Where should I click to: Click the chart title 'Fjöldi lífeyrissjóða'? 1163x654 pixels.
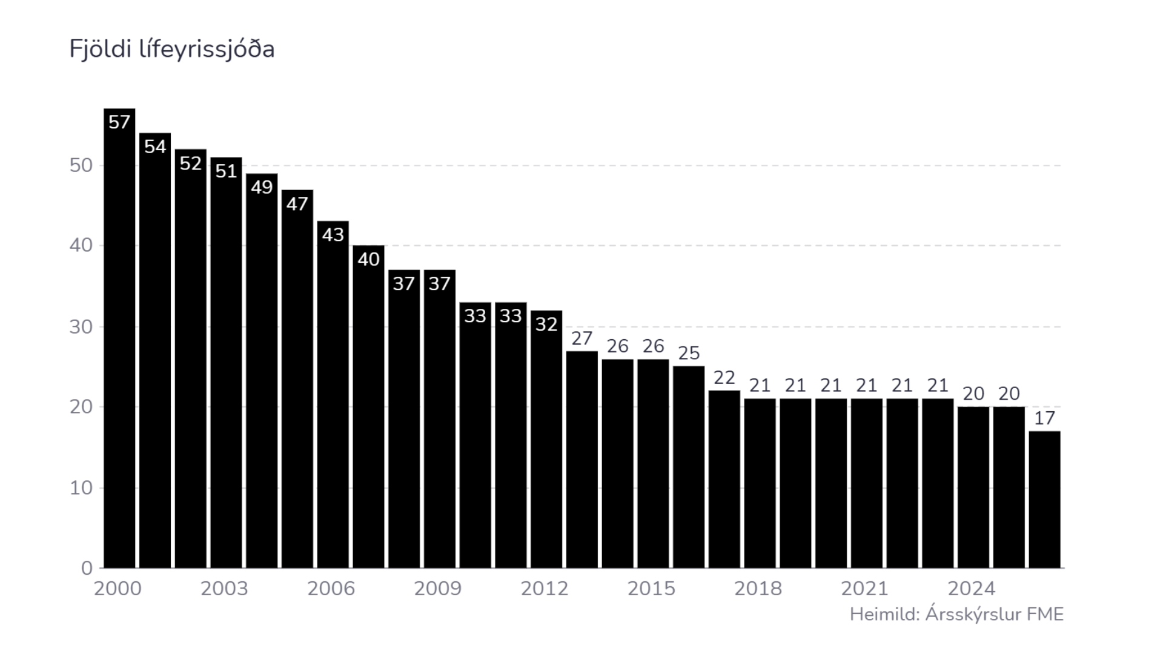(x=171, y=49)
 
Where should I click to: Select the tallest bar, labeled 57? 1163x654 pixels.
(x=119, y=339)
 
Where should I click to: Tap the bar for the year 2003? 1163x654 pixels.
(x=226, y=363)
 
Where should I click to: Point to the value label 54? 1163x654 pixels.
(x=155, y=147)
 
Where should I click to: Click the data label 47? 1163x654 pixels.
(x=297, y=203)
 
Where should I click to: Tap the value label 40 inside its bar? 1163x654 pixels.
(x=368, y=259)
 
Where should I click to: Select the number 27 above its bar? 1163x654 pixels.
(x=581, y=339)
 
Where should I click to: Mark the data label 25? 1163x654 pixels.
(x=689, y=353)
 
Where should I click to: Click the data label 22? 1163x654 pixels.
(x=724, y=378)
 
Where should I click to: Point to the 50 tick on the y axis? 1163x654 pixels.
(x=81, y=165)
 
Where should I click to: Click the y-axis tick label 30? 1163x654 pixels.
(x=81, y=327)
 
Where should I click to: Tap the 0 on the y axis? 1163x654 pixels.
(x=87, y=568)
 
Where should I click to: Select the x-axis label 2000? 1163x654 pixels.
(x=118, y=589)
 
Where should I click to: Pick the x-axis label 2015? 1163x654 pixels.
(x=651, y=589)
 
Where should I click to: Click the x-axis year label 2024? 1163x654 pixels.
(x=972, y=589)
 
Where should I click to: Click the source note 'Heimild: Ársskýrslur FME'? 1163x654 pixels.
(x=956, y=615)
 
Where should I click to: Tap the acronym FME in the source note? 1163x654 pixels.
(x=1045, y=615)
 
